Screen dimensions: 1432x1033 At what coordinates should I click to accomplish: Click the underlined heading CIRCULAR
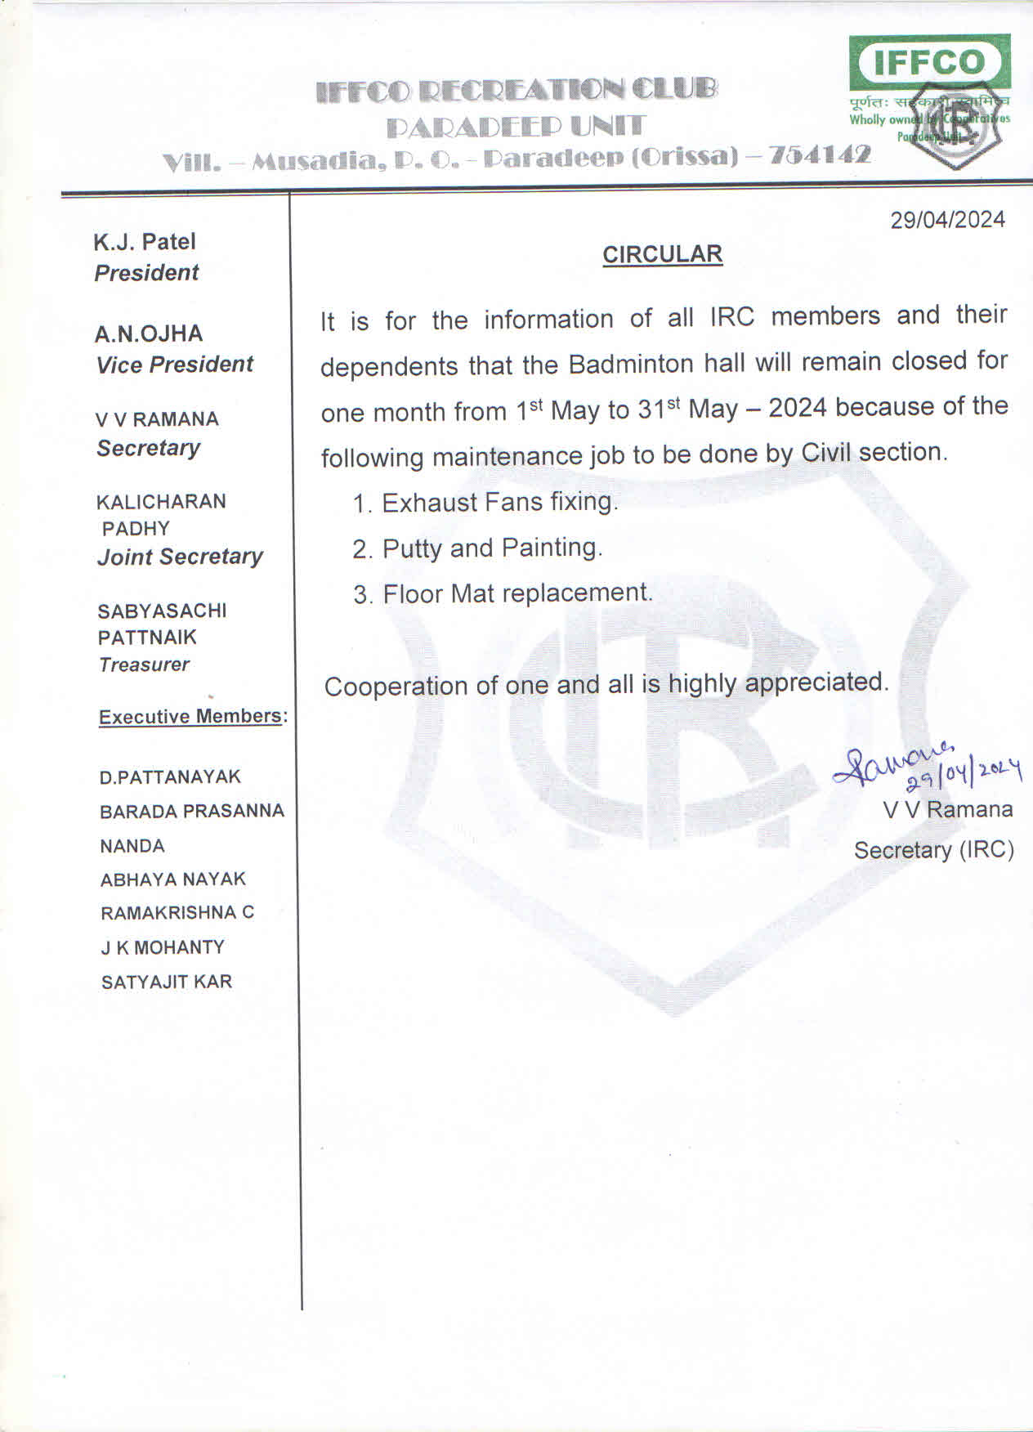tap(662, 254)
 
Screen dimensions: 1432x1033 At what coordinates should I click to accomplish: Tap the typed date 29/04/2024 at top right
tap(947, 220)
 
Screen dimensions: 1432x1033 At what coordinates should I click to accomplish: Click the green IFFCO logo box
tap(929, 62)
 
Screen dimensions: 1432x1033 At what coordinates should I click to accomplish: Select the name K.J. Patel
tap(145, 242)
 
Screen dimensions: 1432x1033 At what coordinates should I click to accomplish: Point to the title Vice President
tap(175, 365)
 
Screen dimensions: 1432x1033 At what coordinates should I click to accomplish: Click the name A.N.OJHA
tap(149, 333)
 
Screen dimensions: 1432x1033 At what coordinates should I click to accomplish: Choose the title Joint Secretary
tap(180, 557)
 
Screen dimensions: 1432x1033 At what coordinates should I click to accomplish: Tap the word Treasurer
tap(144, 665)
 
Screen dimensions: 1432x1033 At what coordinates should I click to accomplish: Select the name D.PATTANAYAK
tap(170, 777)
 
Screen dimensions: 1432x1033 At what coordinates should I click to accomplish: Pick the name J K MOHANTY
tap(162, 947)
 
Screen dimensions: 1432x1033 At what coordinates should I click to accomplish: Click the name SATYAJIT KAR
tap(167, 982)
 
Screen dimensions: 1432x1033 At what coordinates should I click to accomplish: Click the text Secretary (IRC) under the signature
tap(933, 850)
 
